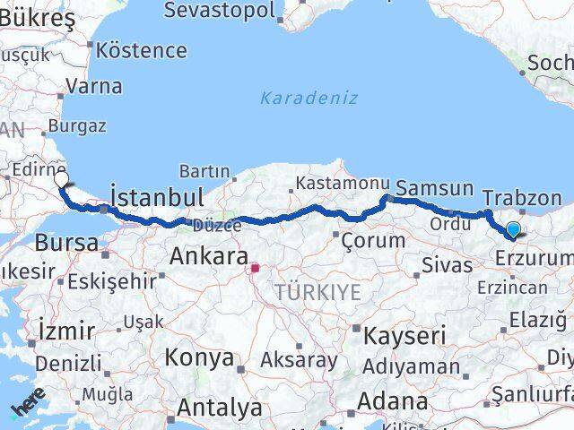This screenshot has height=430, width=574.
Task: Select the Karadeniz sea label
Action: pos(309,98)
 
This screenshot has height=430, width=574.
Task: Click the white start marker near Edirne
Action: pos(61,179)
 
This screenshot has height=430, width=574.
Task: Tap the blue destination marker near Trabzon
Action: pos(513,230)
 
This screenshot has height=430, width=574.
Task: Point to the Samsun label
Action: pos(434,188)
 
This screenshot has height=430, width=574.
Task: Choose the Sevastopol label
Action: pos(232,10)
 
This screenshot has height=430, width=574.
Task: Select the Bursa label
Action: pos(66,243)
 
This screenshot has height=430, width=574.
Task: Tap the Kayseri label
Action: pos(404,336)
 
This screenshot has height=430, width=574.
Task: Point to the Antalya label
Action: pos(220,408)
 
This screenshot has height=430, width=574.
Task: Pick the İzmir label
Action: pos(67,331)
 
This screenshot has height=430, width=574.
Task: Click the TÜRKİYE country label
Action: pos(317,292)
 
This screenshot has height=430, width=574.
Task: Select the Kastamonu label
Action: pos(339,183)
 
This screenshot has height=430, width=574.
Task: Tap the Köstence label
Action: pos(143,49)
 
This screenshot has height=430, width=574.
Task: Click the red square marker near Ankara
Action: pos(255,267)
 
